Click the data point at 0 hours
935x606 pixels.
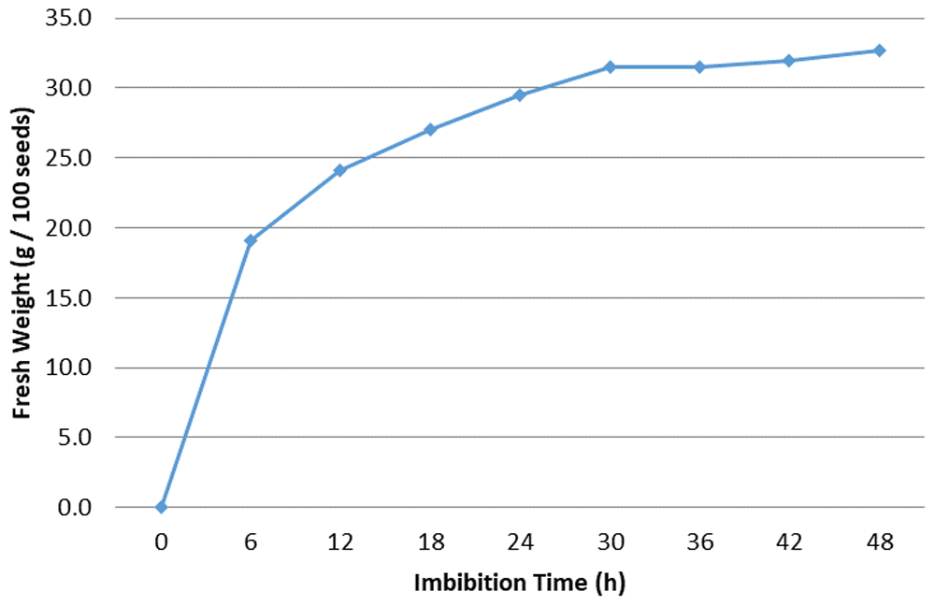click(x=161, y=507)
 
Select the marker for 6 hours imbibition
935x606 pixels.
click(x=251, y=240)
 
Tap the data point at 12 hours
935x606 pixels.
click(x=340, y=170)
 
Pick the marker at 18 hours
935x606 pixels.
click(x=430, y=129)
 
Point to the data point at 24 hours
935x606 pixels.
click(x=520, y=94)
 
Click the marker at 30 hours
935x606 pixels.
click(x=610, y=66)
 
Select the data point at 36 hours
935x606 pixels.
click(x=699, y=66)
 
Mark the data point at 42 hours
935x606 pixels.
click(x=789, y=60)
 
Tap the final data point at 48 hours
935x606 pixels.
click(x=879, y=50)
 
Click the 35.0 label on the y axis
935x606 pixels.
click(x=68, y=19)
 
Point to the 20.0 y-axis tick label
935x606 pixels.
click(x=68, y=228)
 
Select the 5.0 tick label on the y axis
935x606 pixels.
click(x=75, y=438)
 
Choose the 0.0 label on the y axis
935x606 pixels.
click(x=75, y=507)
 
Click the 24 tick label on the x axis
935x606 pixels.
click(x=520, y=541)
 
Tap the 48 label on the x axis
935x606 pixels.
click(x=879, y=541)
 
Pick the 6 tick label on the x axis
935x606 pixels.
click(x=251, y=541)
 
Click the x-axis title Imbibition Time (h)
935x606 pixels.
click(x=519, y=583)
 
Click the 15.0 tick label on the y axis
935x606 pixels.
click(x=68, y=297)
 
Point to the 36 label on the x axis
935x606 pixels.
click(x=699, y=541)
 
